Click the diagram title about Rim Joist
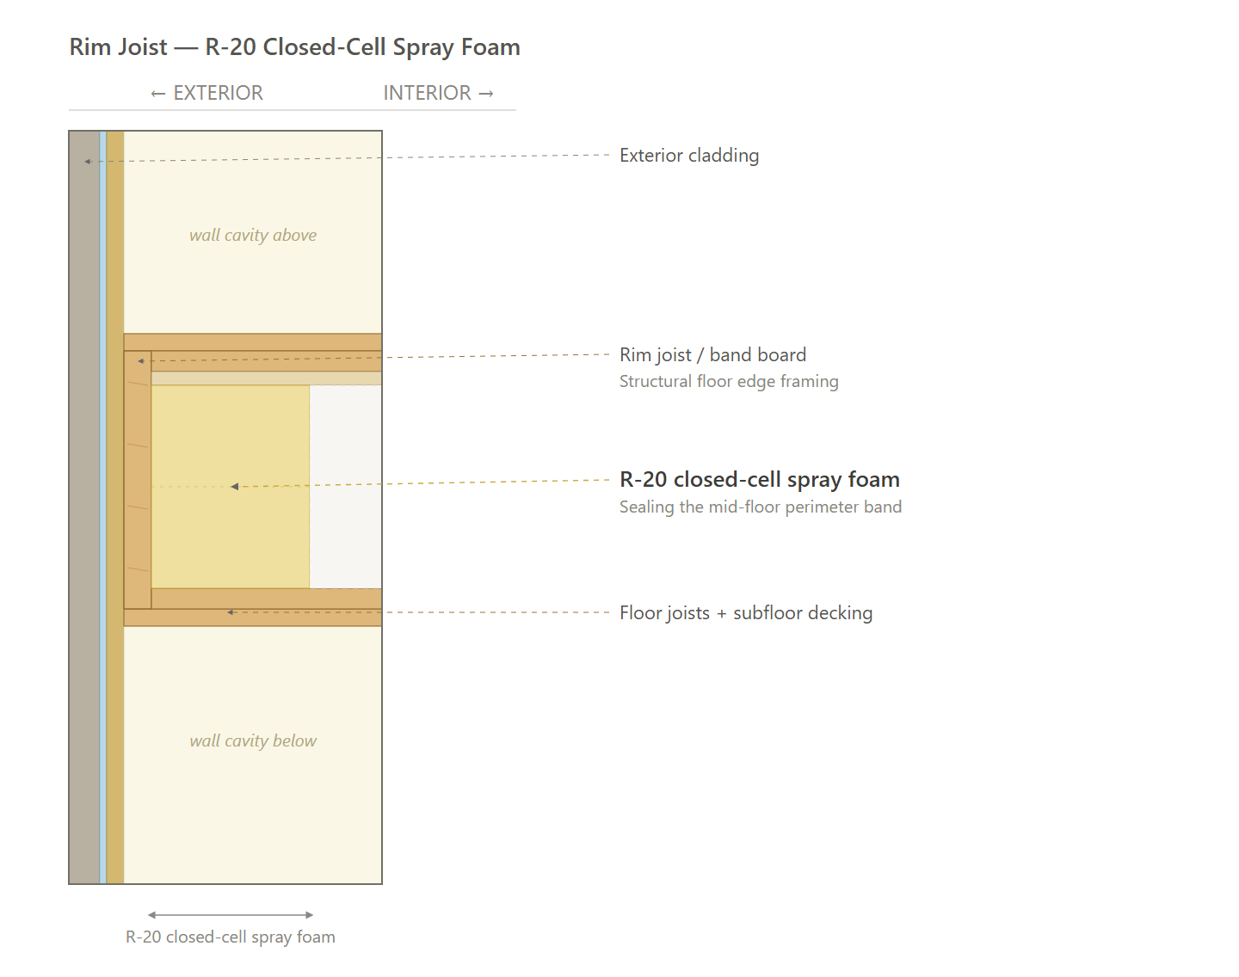(x=294, y=47)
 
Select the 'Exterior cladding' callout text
(x=689, y=156)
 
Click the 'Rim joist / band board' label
(x=712, y=354)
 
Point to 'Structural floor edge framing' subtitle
(x=729, y=381)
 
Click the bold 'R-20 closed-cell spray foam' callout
(x=760, y=480)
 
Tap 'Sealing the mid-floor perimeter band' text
(x=761, y=507)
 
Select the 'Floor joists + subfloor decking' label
(x=746, y=612)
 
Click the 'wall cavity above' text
(x=253, y=235)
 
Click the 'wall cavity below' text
(x=253, y=740)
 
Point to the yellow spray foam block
(x=231, y=487)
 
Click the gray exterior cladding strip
(x=84, y=507)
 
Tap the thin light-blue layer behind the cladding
(x=103, y=507)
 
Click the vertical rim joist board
(x=138, y=480)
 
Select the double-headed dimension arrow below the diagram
(x=231, y=915)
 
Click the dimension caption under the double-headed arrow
(x=231, y=937)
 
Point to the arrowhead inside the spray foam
(x=234, y=487)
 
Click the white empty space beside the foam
(x=345, y=487)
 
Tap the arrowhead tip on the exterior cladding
(x=85, y=162)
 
